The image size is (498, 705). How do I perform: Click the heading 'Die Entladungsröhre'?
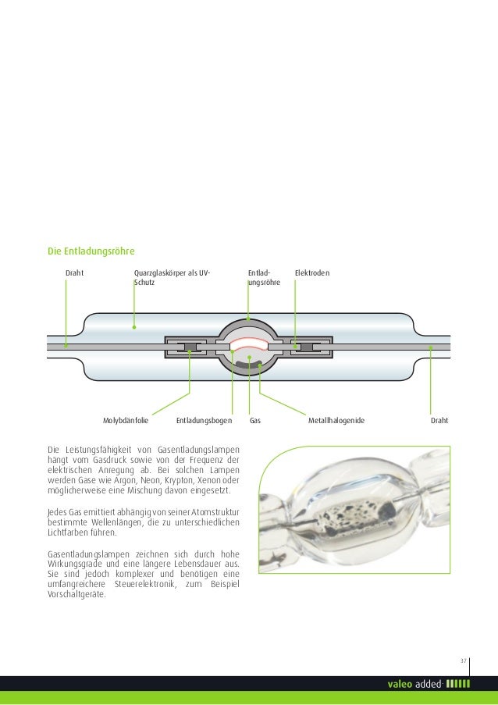(91, 251)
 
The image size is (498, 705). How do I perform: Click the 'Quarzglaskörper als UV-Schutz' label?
(171, 277)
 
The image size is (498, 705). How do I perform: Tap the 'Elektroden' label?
(311, 272)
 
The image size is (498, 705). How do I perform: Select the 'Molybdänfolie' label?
(125, 421)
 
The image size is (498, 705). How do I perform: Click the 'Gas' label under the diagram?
(254, 421)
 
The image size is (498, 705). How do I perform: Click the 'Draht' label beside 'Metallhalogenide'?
(440, 421)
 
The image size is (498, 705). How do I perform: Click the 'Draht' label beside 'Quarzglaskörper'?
(74, 272)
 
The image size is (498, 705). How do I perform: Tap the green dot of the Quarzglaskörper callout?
(134, 326)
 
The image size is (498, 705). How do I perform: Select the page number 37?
(462, 661)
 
